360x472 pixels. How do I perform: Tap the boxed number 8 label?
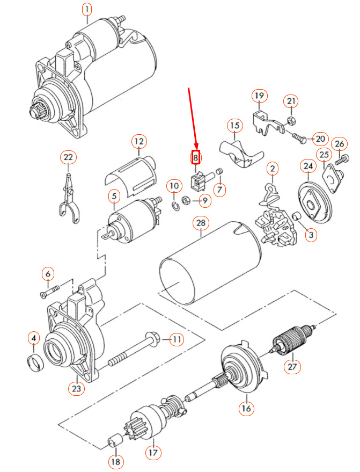click(x=196, y=158)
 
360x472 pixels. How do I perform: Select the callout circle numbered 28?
click(x=201, y=222)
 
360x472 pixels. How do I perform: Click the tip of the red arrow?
click(x=196, y=151)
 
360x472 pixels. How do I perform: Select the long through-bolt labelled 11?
click(x=134, y=350)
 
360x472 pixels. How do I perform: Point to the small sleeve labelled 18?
click(x=113, y=442)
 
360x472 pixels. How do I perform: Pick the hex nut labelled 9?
click(x=183, y=201)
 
